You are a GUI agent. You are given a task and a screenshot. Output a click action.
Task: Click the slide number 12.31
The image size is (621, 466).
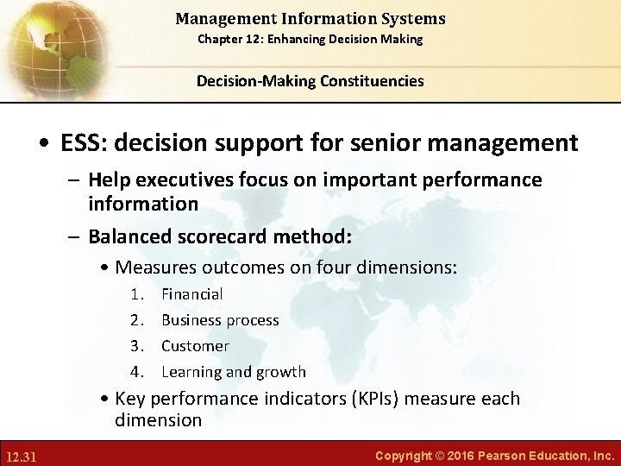click(22, 454)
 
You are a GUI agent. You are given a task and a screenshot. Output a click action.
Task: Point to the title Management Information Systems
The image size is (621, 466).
click(310, 18)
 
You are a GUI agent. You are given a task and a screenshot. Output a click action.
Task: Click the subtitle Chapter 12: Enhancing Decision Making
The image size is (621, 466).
click(310, 40)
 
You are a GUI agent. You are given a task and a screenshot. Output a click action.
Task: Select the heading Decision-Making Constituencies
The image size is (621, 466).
click(310, 81)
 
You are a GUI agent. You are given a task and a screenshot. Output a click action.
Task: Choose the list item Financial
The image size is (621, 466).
click(191, 294)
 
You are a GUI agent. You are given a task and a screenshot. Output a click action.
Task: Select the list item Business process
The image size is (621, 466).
click(220, 320)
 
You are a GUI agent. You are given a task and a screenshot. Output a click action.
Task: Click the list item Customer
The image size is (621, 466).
click(195, 346)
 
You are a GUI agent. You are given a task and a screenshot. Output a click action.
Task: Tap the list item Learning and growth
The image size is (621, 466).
click(233, 372)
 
